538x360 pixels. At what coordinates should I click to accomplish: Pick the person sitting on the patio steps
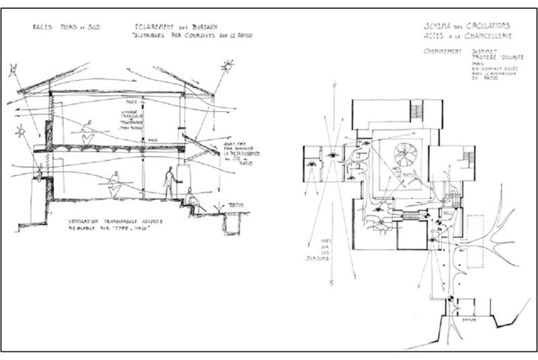coord(192,199)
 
